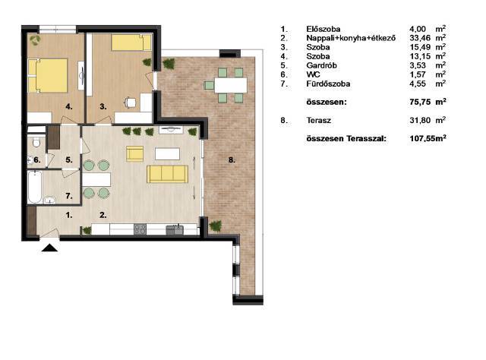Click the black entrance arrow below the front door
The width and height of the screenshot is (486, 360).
click(49, 248)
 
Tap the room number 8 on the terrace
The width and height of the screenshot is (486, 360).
click(232, 160)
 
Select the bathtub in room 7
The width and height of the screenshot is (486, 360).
click(34, 187)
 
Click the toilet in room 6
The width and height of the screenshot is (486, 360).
click(36, 142)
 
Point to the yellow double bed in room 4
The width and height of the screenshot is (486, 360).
click(48, 76)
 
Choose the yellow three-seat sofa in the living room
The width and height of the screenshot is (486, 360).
click(167, 174)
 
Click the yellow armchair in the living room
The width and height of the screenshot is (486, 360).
click(135, 154)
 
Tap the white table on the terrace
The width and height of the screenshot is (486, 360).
click(231, 85)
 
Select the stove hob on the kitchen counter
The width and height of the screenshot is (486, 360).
click(140, 229)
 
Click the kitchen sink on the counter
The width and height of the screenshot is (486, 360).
click(175, 230)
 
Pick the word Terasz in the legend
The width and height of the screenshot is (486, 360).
click(319, 120)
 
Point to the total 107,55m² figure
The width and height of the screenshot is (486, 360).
click(428, 138)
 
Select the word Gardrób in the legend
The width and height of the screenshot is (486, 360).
click(321, 65)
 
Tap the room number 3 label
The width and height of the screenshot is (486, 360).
click(103, 106)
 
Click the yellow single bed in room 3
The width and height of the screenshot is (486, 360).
click(131, 43)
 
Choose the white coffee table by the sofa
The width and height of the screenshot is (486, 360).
click(167, 154)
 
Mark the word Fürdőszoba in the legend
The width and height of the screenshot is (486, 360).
click(328, 84)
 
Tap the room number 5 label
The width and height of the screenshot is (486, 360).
click(69, 160)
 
